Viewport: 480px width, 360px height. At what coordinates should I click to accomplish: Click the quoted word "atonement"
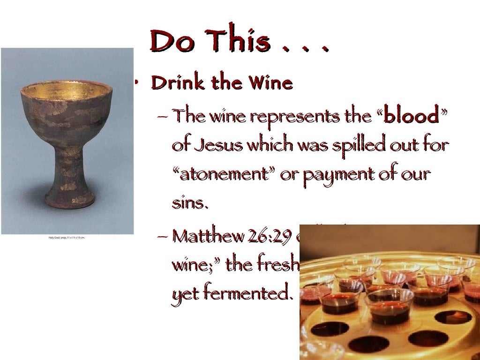click(224, 174)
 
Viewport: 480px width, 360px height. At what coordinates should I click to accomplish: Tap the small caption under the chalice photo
click(67, 238)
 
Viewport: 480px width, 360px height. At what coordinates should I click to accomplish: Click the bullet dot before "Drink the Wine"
click(135, 82)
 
